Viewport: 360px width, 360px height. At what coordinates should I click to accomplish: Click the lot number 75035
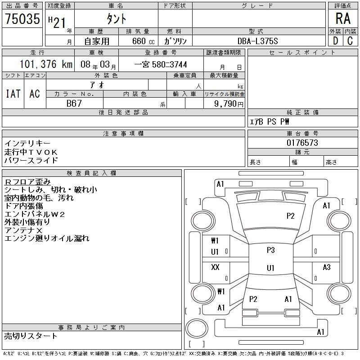(22, 18)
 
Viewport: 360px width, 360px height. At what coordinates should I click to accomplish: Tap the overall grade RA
(343, 18)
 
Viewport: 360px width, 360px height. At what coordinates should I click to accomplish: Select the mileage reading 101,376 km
(46, 64)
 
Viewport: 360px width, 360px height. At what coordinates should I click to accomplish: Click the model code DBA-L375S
(257, 41)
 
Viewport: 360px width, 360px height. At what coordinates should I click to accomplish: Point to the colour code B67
(74, 103)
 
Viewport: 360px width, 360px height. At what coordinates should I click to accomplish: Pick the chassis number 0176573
(302, 143)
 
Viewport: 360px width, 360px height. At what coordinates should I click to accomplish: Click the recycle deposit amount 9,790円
(229, 104)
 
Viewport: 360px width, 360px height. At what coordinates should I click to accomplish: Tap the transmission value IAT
(13, 94)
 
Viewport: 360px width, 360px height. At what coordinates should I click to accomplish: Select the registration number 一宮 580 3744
(161, 64)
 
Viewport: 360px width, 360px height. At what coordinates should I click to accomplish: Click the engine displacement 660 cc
(143, 41)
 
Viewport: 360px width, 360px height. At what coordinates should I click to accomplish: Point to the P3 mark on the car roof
(271, 250)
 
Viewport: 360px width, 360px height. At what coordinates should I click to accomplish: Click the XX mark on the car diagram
(215, 267)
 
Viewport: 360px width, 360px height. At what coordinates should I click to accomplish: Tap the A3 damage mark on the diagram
(327, 267)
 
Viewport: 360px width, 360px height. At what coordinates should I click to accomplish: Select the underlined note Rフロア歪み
(27, 182)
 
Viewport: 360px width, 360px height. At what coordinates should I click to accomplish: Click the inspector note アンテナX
(23, 230)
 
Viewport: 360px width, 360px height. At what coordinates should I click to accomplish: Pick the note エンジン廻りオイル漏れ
(47, 238)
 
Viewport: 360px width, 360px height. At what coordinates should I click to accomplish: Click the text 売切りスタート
(31, 336)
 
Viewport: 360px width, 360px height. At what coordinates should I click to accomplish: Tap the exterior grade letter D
(335, 41)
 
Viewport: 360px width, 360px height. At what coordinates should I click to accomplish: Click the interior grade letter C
(350, 41)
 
